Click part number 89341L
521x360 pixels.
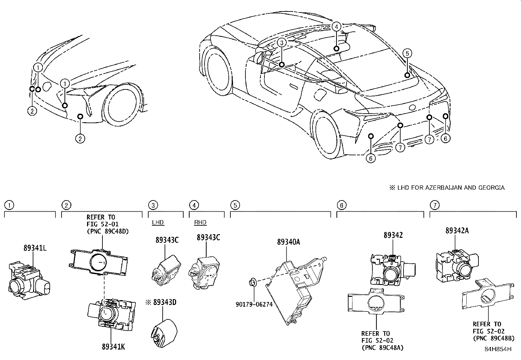pyautogui.click(x=35, y=248)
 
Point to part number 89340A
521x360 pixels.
pyautogui.click(x=288, y=242)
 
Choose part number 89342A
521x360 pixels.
pyautogui.click(x=457, y=230)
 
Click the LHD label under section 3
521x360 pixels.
pyautogui.click(x=158, y=222)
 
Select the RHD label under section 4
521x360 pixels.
pyautogui.click(x=200, y=222)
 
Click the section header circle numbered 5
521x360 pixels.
pyautogui.click(x=235, y=205)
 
